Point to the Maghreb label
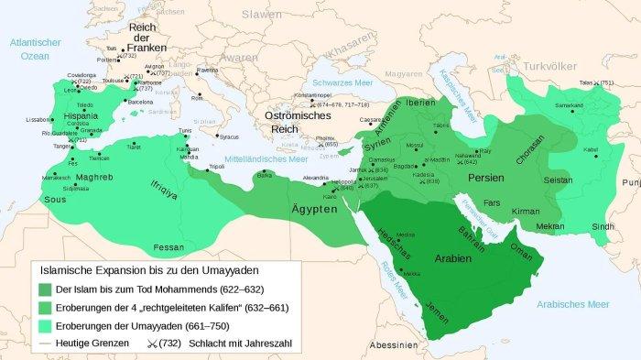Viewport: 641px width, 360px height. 93,177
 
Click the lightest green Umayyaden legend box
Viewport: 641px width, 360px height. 46,325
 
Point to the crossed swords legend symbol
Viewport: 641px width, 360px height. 152,344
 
